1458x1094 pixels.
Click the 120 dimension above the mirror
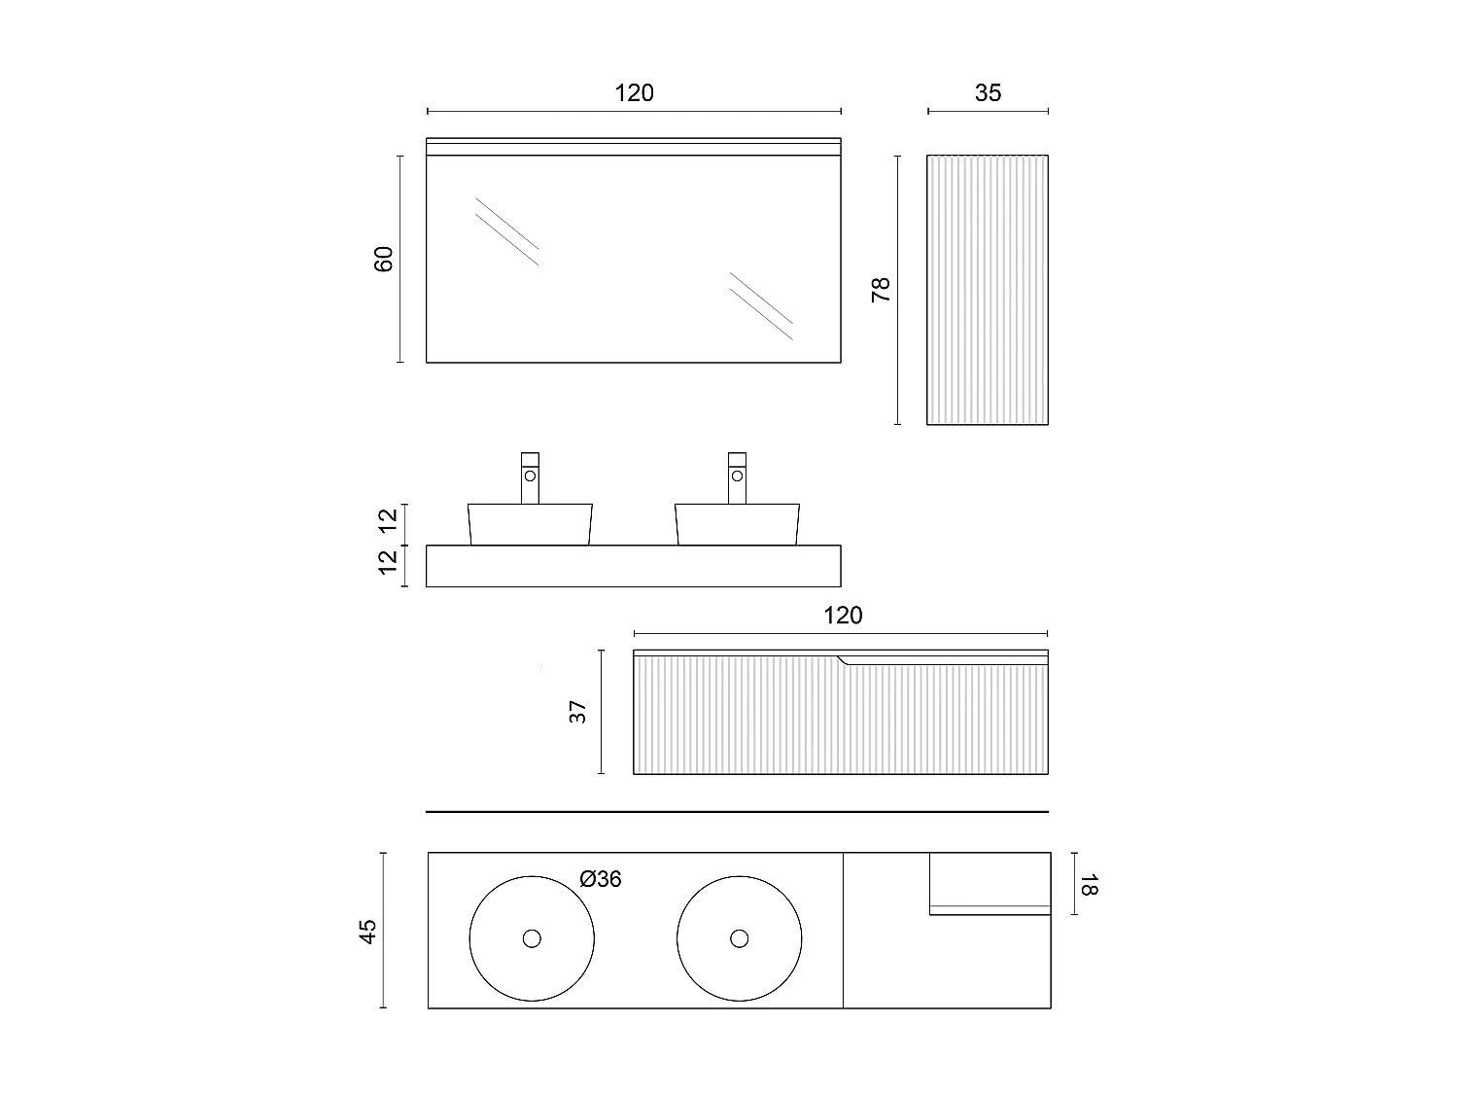coord(634,93)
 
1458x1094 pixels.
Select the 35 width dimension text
coord(988,93)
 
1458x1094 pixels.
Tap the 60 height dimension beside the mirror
coord(384,259)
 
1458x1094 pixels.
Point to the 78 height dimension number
coord(881,290)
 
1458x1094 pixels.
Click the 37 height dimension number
coord(579,712)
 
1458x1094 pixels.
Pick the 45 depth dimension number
coord(367,932)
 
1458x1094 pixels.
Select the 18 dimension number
coord(1088,885)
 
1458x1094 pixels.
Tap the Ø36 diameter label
coord(600,879)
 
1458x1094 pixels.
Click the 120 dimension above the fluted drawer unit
coord(842,616)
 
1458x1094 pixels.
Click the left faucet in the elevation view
coord(530,477)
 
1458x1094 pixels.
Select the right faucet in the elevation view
coord(738,477)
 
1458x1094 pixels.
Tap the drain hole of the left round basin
coord(532,938)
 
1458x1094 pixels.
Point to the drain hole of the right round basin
coord(740,938)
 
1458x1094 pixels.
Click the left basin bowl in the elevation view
coord(531,524)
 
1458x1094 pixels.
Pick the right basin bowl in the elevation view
coord(738,524)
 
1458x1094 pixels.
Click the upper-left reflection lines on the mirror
coord(506,231)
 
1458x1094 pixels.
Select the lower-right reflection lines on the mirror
coord(761,305)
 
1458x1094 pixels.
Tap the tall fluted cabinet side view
coord(988,290)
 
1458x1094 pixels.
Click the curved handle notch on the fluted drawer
coord(846,661)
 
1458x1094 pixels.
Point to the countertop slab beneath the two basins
coord(634,566)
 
